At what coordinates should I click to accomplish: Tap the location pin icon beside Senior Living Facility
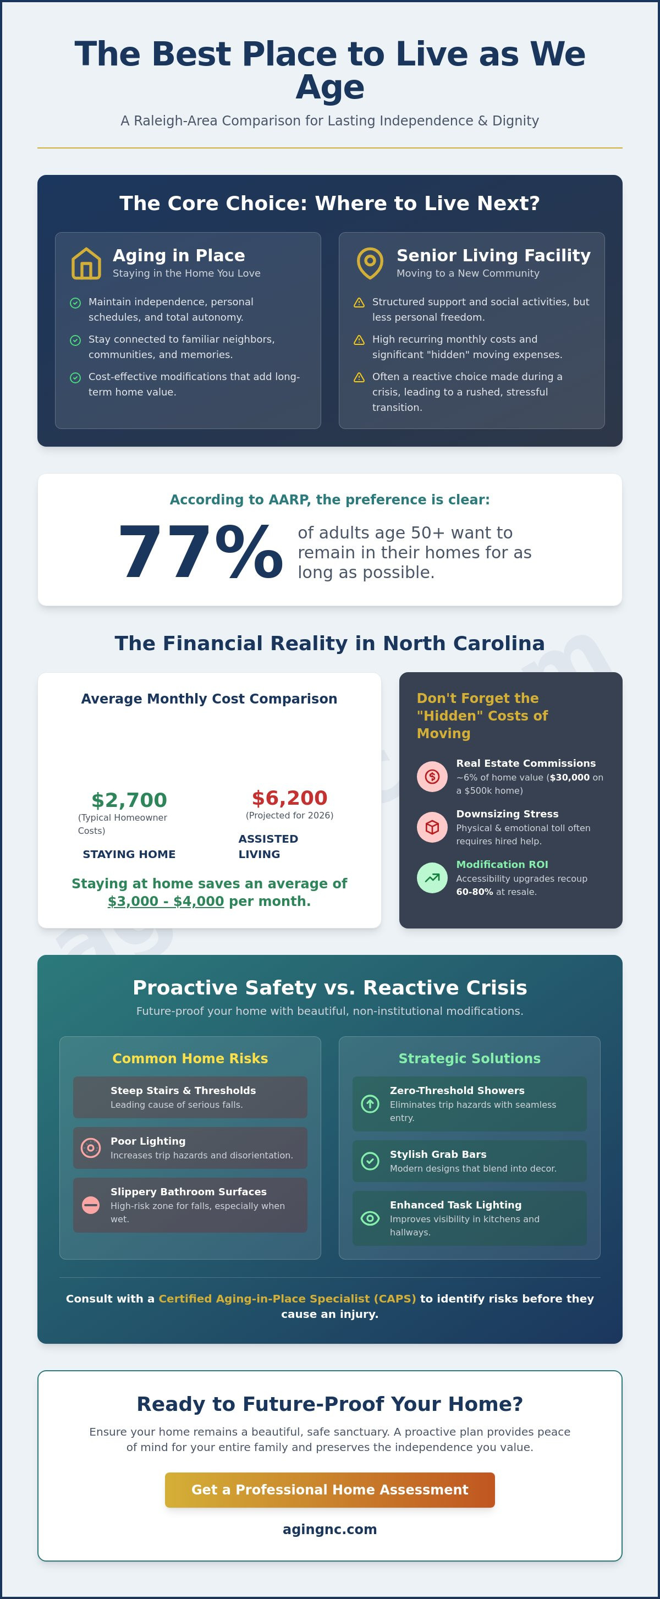click(x=370, y=263)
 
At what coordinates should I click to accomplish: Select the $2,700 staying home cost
click(x=129, y=800)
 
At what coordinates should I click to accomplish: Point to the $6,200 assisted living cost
click(x=289, y=798)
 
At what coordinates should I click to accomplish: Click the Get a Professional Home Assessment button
click(x=329, y=1490)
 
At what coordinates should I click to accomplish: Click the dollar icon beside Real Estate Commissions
click(x=432, y=777)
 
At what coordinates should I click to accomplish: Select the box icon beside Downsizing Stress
click(x=432, y=827)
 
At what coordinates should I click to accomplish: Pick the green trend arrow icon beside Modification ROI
click(x=432, y=878)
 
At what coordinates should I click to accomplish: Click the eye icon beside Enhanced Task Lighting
click(x=370, y=1218)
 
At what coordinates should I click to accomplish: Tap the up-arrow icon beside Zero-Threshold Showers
click(x=370, y=1103)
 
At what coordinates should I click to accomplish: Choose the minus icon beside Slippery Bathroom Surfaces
click(x=91, y=1205)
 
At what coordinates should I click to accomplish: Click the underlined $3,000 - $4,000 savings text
click(x=166, y=902)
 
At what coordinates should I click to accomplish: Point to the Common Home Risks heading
click(x=190, y=1058)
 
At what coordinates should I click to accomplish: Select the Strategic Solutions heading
click(x=469, y=1058)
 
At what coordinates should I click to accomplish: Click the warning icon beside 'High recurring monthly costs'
click(x=359, y=340)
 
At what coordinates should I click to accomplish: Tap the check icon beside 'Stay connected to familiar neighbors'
click(x=75, y=340)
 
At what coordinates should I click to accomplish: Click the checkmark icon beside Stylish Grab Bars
click(x=370, y=1161)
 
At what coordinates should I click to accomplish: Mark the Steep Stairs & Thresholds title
click(x=183, y=1091)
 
